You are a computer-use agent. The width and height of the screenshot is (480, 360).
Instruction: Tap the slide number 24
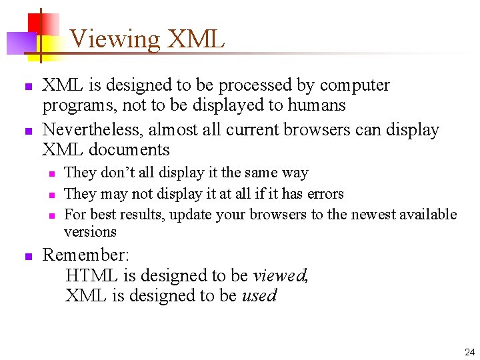tap(468, 351)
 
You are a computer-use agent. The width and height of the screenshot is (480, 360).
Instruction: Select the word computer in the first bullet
tap(355, 85)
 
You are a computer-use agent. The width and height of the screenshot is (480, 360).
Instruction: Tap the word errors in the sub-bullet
tap(325, 194)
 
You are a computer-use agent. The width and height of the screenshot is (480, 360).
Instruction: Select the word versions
tap(90, 232)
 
